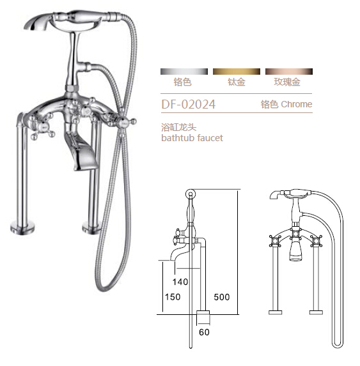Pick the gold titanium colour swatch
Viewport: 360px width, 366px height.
[236, 70]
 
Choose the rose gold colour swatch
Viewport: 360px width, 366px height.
[287, 70]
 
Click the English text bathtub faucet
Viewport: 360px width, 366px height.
[191, 138]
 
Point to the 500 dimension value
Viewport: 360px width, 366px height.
[222, 297]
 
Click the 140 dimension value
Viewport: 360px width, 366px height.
[180, 282]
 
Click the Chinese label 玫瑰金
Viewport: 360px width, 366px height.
[287, 82]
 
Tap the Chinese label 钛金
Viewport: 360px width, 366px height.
[236, 82]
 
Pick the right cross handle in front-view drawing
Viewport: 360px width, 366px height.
[315, 242]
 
